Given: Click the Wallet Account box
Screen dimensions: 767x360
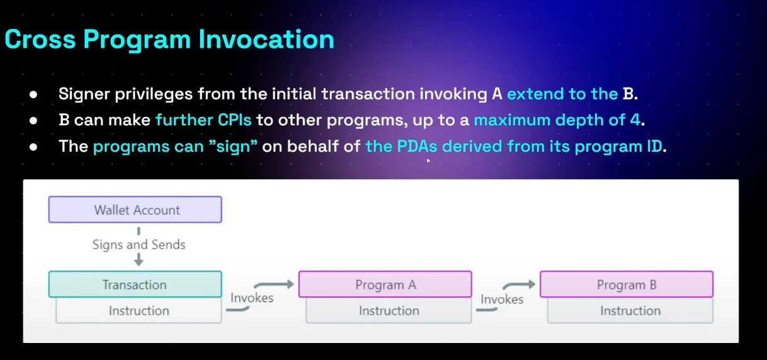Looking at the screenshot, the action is coord(135,210).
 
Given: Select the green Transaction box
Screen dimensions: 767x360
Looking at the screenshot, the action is coord(135,284).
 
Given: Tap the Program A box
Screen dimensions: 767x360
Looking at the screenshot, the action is coord(385,284).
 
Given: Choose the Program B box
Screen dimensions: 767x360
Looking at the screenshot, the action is coord(627,284).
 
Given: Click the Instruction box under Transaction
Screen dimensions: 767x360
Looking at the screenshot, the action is coord(139,310).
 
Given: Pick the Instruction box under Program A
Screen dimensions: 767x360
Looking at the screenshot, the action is coord(389,310).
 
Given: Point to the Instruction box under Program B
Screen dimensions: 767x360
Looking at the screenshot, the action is coord(630,310).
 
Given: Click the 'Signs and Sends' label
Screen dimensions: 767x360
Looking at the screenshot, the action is coord(139,245).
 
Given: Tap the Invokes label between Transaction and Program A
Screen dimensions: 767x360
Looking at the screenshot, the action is coord(252,298).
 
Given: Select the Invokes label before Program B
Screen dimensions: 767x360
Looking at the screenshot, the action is coord(502,299).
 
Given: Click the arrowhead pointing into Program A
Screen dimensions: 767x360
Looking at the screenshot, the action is coord(290,284).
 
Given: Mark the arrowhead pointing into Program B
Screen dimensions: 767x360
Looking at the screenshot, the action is coord(531,284).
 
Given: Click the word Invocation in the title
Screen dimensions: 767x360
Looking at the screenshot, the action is coord(266,40).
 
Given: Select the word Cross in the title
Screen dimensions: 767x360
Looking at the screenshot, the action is coord(40,40).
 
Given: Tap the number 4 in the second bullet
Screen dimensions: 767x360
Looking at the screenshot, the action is coord(635,120).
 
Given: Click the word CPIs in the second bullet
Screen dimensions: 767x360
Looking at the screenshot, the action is coord(234,120).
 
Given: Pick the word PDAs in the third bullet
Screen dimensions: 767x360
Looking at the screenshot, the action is coord(417,146).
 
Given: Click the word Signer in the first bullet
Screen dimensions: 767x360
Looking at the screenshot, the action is coord(84,94).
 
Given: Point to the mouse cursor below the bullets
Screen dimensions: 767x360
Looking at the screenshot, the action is coord(428,160).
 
